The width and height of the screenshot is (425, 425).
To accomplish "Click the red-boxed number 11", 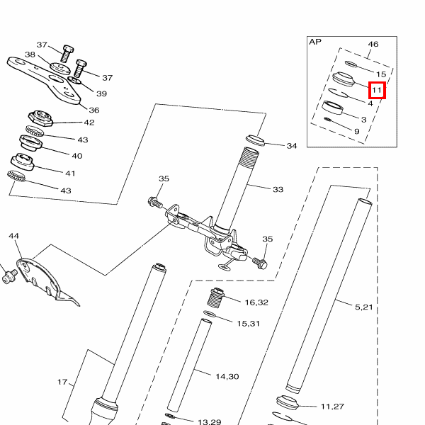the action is pos(377,90).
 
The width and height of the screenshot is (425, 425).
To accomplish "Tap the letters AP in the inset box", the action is pos(315,42).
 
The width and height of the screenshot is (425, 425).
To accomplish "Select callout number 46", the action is pos(373,44).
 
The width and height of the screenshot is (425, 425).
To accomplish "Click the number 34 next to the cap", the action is pos(292,146).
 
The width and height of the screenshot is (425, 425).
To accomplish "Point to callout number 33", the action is pos(278,189).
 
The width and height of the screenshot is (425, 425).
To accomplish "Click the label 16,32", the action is pos(256,302).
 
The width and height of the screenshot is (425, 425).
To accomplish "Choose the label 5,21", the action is pos(364,307).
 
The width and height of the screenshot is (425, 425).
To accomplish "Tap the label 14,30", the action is pos(227,377).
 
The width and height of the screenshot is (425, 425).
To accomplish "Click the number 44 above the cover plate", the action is pos(14,236).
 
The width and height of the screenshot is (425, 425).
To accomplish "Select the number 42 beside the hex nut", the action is pos(89,123).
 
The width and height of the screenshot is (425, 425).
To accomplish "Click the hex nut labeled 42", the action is pos(40,118).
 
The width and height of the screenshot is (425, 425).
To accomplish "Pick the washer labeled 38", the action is pos(60,68).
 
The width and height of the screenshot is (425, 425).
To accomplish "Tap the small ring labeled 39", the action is pos(74,80).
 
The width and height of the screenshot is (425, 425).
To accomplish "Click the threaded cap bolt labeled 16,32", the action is pos(217,298).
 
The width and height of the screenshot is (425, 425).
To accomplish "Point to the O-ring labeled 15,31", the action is pos(210,314).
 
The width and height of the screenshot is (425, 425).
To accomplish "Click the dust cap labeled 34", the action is pos(255,140).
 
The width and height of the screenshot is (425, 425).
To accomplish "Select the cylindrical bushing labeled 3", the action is pos(333,108).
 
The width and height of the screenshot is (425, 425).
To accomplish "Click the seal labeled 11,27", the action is pos(288,402).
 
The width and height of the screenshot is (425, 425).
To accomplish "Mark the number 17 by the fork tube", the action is pos(62,382).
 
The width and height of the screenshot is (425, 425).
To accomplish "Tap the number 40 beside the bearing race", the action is pos(77,156).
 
